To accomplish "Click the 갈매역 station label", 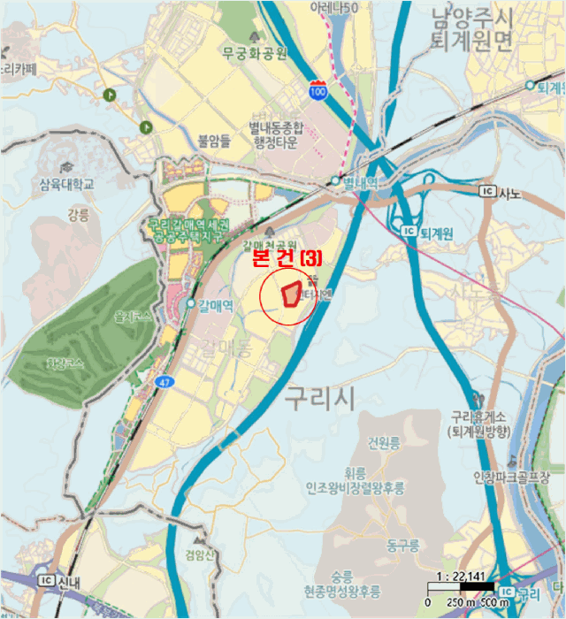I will [x=215, y=305].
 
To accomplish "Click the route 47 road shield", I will [x=164, y=381].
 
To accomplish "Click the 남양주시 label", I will [x=472, y=17].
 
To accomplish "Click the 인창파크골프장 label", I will [x=517, y=478].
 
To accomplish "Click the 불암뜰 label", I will [x=214, y=139].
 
